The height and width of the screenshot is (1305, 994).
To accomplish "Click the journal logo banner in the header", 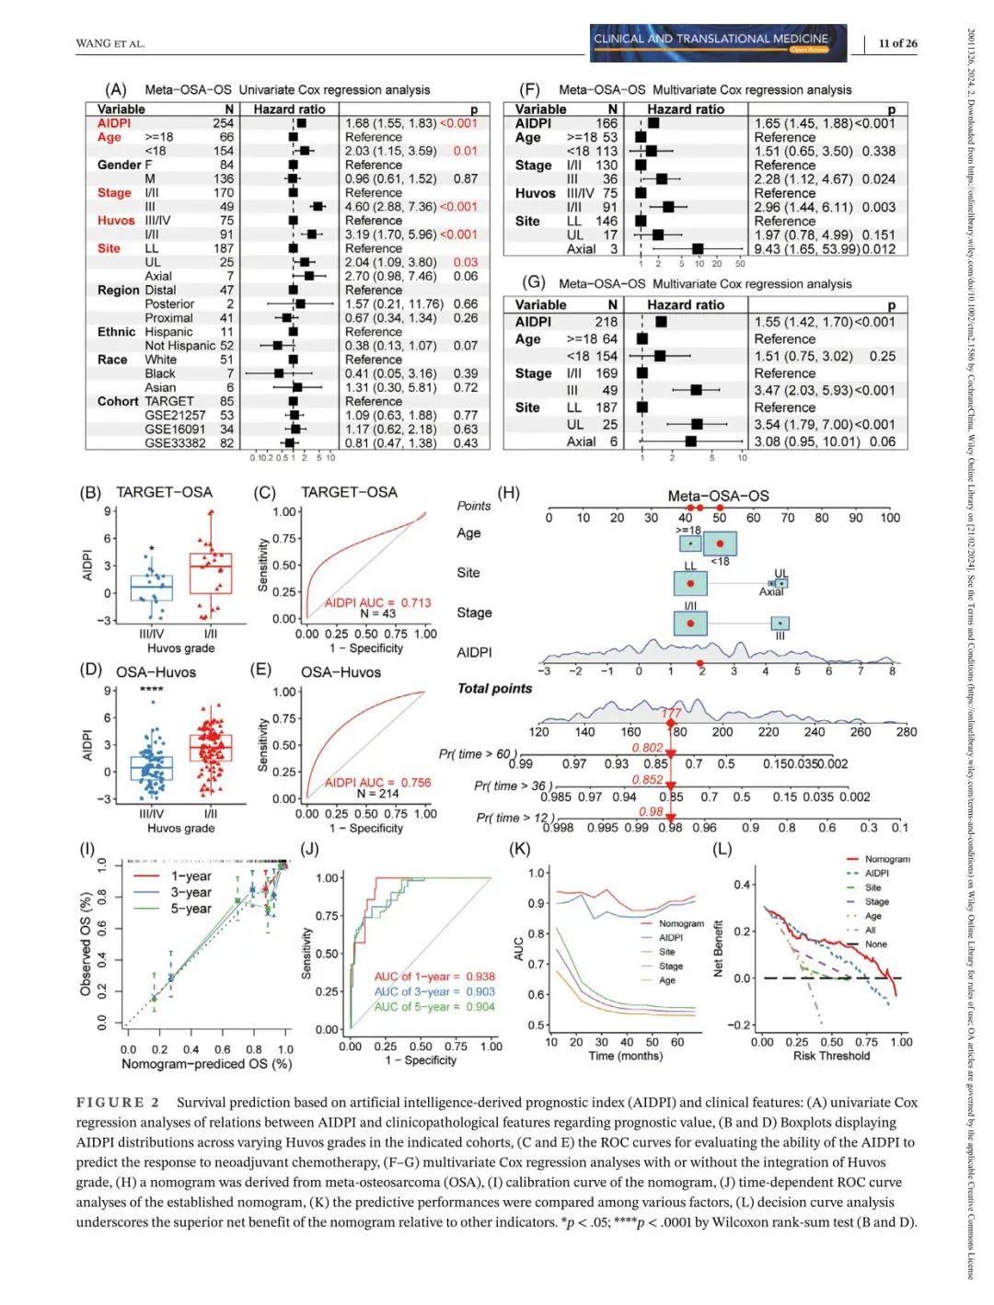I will tap(718, 42).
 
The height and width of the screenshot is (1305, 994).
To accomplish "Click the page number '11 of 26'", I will tap(897, 43).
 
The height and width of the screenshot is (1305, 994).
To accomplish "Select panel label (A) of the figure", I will tap(116, 89).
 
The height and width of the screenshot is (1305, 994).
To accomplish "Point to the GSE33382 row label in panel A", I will tap(175, 442).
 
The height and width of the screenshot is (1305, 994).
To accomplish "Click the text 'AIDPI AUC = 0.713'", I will tap(377, 602).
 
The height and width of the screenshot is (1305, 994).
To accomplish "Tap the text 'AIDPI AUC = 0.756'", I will tap(377, 783).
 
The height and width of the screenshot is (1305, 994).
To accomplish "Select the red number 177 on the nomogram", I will tap(671, 713).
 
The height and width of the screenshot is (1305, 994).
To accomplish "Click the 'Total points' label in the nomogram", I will tap(494, 688).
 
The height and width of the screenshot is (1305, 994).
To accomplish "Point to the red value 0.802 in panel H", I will tap(647, 748).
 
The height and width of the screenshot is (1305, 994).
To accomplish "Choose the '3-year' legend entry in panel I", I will tap(191, 892).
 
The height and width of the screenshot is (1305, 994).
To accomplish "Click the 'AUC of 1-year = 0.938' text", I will tap(433, 977).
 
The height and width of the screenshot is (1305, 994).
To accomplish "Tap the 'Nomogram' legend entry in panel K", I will tap(681, 923).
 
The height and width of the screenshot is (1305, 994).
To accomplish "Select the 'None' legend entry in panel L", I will tap(876, 944).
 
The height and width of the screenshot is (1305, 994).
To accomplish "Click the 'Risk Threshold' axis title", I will tap(831, 1056).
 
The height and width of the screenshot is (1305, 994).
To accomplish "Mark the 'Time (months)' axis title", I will tap(625, 1056).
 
